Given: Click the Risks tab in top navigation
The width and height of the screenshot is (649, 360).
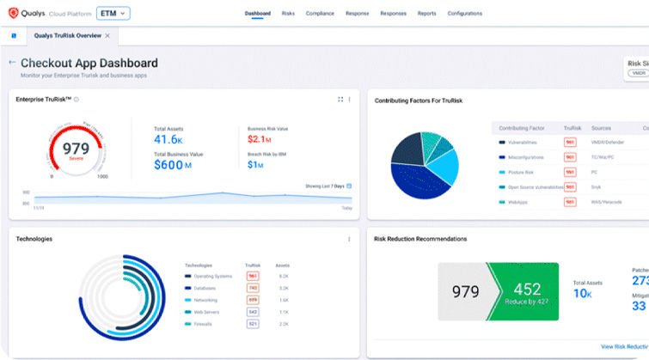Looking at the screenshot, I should pos(288,14).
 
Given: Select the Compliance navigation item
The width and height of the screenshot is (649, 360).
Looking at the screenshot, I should pos(320,14).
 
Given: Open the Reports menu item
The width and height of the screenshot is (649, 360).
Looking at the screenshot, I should pos(426,14).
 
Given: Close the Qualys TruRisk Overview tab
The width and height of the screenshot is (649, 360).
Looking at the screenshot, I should pos(107,36).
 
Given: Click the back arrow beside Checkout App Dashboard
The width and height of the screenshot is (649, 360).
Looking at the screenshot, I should pos(12,63).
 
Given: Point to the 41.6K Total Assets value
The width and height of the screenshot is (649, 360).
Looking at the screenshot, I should pos(168,139).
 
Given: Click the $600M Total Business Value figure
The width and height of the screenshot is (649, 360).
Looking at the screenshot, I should pos(173,165).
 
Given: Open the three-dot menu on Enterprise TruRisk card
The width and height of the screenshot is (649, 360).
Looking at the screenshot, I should pos(349,100).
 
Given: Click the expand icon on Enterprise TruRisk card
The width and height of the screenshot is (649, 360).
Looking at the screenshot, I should pos(340,100).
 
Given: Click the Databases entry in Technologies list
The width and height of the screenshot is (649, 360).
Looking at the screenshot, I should pos(205,288).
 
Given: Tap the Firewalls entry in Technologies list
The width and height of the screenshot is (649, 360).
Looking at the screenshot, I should pos(205,324).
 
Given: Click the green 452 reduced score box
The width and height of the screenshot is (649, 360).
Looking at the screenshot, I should pos(523,292).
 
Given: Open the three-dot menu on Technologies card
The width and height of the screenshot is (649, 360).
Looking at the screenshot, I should pos(349,239).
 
